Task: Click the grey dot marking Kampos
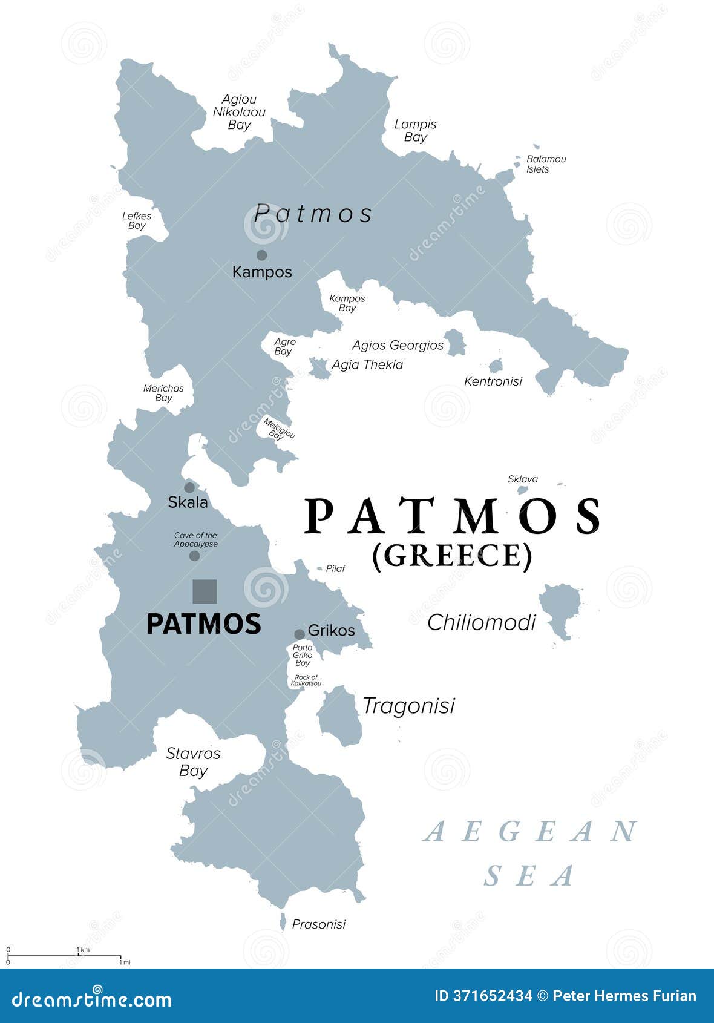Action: pos(261,255)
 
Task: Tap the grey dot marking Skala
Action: pos(189,487)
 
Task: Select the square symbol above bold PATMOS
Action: pos(205,591)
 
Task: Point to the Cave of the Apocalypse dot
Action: pos(194,556)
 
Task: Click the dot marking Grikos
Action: pos(300,634)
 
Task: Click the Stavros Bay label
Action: pos(194,761)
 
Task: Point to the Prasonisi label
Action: pos(319,924)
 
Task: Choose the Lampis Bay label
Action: pos(415,130)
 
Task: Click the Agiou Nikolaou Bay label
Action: pos(239,112)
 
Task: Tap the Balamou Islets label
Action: pos(546,163)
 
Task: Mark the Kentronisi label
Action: pos(493,381)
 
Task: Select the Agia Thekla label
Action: pos(367,364)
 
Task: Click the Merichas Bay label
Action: pos(163,393)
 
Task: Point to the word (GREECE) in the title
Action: pos(452,555)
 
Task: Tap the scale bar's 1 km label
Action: pos(84,949)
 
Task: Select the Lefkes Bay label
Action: pos(137,220)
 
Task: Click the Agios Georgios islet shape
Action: pos(454,342)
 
